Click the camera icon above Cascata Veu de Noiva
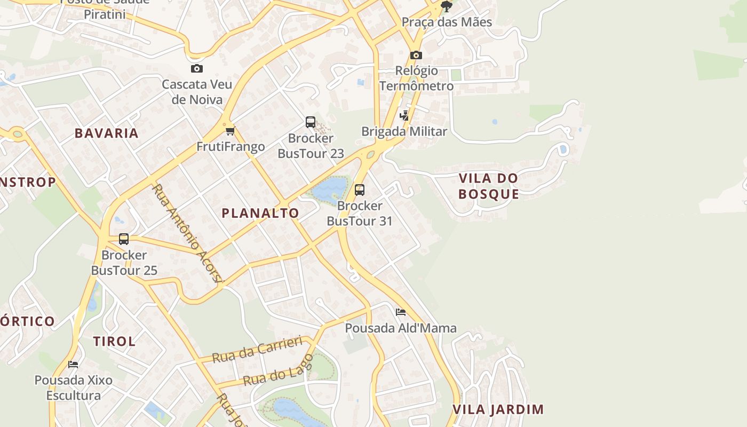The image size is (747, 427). coord(197,69)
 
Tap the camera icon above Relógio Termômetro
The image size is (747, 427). coord(416,55)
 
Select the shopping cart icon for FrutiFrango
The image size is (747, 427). coord(230,131)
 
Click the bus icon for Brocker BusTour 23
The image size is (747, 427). coord(311,122)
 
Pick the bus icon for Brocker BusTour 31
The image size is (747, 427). coord(360,190)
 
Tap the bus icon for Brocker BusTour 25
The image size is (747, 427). coord(124,239)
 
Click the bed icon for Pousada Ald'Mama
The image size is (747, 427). coord(401,312)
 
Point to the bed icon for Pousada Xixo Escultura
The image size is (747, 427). coord(74,365)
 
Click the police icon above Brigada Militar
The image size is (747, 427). coord(404,115)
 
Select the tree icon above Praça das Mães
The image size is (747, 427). coord(447,6)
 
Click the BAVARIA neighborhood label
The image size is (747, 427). coord(107,133)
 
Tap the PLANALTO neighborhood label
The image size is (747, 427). coord(260,213)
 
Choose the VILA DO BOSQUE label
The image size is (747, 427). coord(488,186)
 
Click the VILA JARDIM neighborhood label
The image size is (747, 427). coord(498,409)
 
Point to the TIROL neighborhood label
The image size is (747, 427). coord(114,341)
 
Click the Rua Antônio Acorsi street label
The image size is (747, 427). coord(187,233)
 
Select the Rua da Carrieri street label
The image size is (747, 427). coord(257,350)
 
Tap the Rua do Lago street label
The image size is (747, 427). coord(277,370)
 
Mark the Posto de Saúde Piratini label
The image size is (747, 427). coord(105,9)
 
